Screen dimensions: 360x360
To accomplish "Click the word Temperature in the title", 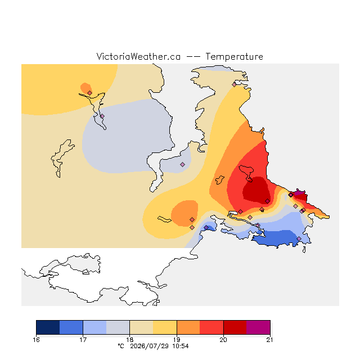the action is pos(234,57).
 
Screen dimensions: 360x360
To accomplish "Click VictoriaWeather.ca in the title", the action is pos(138,57).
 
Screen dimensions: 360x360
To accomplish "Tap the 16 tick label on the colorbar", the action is pos(36,340).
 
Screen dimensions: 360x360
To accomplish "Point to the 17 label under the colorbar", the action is pos(83,340).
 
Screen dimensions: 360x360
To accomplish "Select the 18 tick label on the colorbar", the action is pos(130,340).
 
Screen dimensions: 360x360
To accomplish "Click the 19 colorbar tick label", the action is pos(177,340).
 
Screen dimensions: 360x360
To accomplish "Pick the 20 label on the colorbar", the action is pos(223,340).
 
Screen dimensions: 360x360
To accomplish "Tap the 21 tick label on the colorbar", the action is pos(270,340).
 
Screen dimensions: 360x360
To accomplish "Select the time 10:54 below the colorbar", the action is pos(181,346).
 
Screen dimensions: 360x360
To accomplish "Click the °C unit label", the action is pos(121,346).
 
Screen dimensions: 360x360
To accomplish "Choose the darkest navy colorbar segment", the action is pos(48,327).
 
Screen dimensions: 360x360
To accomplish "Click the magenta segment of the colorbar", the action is pos(258,327).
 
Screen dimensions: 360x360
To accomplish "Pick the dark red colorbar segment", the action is pos(235,327).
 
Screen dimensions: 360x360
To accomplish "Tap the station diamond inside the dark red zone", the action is pos(267,201).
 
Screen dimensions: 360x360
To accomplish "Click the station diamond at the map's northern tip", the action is pos(234,85).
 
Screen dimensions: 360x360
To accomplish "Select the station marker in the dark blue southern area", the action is pos(299,238).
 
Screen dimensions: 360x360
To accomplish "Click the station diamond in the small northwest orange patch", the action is pos(90,93).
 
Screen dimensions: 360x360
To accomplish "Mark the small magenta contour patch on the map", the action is pos(299,192).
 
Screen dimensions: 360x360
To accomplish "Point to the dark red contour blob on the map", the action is pos(256,190).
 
